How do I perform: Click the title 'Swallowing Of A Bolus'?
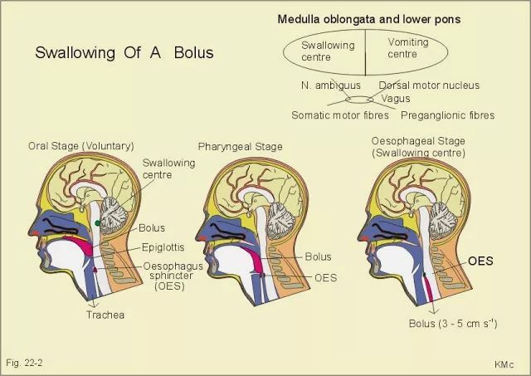click(x=124, y=52)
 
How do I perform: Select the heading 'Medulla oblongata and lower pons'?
click(x=368, y=19)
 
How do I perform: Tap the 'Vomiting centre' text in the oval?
click(x=408, y=48)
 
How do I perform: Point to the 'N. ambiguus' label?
click(x=331, y=85)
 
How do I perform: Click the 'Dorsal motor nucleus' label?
click(x=429, y=85)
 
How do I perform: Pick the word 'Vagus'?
click(x=396, y=99)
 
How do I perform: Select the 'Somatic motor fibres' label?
click(x=340, y=115)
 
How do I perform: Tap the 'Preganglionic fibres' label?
click(x=447, y=115)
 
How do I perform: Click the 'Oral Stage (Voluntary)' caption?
click(x=81, y=146)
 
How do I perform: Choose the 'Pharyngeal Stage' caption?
click(x=240, y=147)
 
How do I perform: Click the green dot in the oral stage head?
click(x=98, y=223)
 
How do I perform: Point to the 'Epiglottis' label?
click(x=163, y=247)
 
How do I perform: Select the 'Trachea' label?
click(x=105, y=315)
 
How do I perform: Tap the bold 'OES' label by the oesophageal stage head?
click(x=480, y=261)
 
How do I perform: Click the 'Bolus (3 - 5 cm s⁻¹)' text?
click(x=453, y=323)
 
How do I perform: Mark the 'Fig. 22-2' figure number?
click(x=24, y=363)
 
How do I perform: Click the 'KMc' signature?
click(x=504, y=364)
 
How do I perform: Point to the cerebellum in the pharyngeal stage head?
click(x=280, y=220)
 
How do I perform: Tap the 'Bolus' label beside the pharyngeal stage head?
click(x=318, y=256)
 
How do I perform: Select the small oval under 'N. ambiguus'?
click(x=359, y=100)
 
